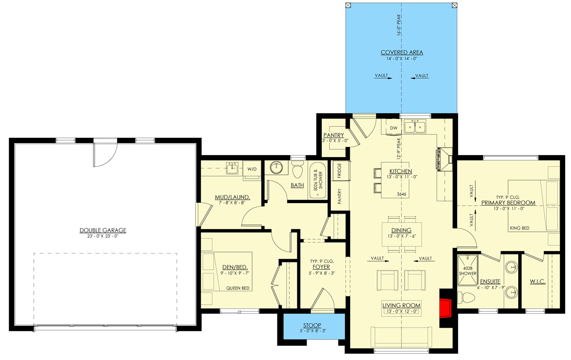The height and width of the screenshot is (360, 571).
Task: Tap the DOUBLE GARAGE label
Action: (x=103, y=230)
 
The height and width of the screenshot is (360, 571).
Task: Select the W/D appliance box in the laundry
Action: (x=252, y=169)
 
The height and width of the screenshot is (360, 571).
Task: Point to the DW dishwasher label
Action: (x=394, y=128)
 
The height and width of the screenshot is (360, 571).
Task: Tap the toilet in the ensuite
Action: (x=466, y=298)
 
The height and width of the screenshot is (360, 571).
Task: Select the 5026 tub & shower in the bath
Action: (x=317, y=181)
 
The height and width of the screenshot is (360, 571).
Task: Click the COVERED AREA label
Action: (x=402, y=52)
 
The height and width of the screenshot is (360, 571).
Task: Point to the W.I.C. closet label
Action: (x=537, y=282)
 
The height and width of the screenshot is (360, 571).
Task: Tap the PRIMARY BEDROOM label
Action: (x=508, y=203)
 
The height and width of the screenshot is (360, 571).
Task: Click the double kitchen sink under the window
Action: (x=415, y=127)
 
